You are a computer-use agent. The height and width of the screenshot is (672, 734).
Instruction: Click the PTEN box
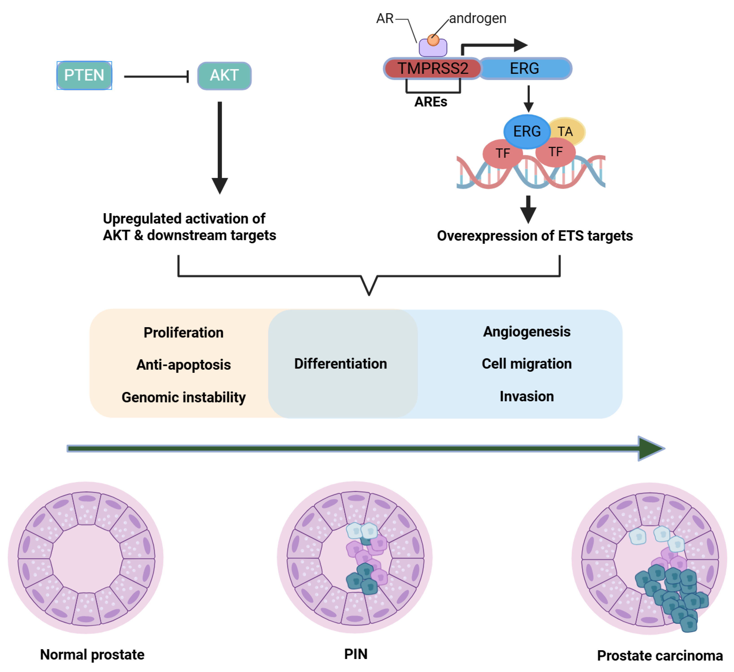point(84,75)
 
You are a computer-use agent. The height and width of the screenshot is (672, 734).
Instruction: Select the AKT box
point(224,76)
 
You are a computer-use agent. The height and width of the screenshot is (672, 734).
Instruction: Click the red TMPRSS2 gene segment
point(432,68)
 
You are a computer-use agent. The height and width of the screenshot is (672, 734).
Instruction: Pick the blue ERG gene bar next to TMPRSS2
point(525,68)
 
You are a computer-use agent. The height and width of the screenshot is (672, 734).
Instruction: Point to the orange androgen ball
point(433,40)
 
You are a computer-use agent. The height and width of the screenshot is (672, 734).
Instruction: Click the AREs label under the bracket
point(431,102)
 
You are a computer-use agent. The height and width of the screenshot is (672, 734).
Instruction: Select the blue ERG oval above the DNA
point(527,131)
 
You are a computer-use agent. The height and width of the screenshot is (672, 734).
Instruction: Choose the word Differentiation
point(340,364)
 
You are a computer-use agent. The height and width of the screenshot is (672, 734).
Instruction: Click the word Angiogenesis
point(527,332)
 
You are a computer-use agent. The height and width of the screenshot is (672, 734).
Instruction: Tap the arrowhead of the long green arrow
point(650,449)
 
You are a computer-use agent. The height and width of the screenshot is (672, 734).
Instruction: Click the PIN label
point(356,654)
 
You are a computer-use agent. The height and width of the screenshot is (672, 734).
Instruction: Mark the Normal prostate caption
point(92,655)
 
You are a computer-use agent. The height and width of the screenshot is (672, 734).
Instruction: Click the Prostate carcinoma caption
point(660,656)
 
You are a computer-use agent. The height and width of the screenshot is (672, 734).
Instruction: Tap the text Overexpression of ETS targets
point(535,236)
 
